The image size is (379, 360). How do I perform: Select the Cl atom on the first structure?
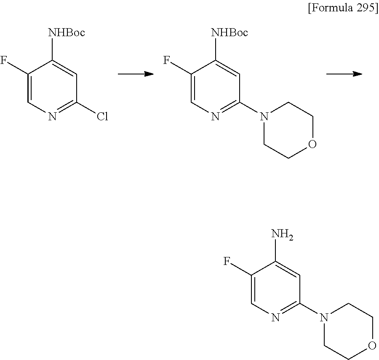click(x=102, y=116)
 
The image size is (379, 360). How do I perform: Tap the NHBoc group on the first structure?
click(x=67, y=32)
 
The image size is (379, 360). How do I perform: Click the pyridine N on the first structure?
click(x=52, y=116)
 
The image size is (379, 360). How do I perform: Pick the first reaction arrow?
click(x=135, y=74)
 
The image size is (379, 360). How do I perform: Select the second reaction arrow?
click(x=344, y=74)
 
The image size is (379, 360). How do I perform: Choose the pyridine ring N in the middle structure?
click(x=215, y=116)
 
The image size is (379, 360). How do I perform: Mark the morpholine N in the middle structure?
click(x=264, y=116)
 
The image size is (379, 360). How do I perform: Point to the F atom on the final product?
click(x=227, y=262)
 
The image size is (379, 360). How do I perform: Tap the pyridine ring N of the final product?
click(x=275, y=318)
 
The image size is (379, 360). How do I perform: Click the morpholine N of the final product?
click(x=323, y=318)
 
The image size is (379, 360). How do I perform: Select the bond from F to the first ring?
click(x=18, y=68)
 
